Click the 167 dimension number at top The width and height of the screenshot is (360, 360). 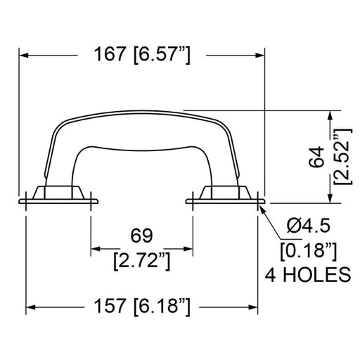point(109,54)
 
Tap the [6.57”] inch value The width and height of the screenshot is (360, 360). point(162,55)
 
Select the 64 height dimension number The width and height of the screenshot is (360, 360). point(316,157)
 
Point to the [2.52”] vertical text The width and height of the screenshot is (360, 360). point(342,156)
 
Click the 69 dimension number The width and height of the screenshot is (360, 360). point(141,236)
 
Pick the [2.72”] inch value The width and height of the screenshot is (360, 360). point(142,261)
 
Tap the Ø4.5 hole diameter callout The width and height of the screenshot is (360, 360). point(309,225)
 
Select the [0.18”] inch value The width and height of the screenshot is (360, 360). point(309,251)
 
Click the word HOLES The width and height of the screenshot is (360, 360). point(317,274)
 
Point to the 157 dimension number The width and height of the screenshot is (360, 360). point(109,306)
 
